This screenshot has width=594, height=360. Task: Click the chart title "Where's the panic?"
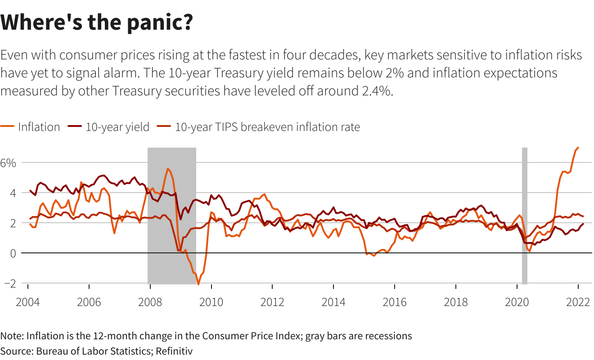tap(97, 22)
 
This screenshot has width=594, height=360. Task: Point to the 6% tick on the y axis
tap(8, 162)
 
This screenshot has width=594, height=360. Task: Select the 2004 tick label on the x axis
tap(28, 301)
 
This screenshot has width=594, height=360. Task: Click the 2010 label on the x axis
tap(211, 301)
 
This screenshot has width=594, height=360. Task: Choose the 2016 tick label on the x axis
tap(395, 301)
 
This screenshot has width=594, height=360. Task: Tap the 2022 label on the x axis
tap(578, 301)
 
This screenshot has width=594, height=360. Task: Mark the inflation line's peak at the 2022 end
tap(578, 148)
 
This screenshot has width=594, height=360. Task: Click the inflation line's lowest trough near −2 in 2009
tap(198, 284)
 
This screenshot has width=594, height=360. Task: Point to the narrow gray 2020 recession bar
tap(524, 216)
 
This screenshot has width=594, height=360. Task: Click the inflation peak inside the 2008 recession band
tap(168, 169)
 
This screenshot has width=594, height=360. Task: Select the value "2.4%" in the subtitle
tap(378, 91)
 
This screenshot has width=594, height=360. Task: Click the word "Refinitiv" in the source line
tap(174, 351)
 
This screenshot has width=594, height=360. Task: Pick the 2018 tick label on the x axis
tap(456, 301)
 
